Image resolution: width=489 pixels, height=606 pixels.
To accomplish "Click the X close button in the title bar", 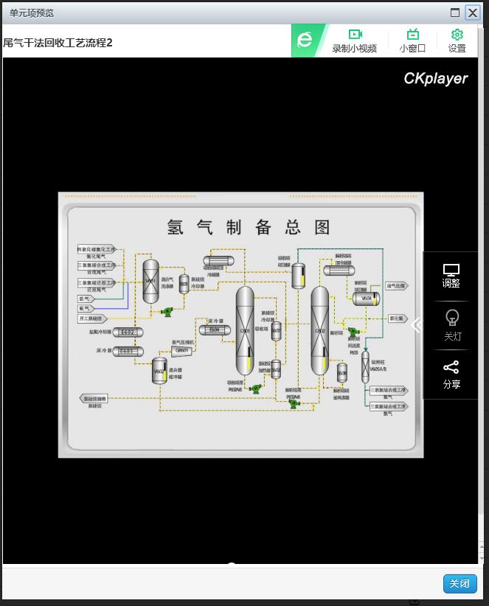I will coord(472,13).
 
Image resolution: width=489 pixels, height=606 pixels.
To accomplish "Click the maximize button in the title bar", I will coord(455,13).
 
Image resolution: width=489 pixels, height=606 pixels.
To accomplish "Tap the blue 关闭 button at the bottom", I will coord(459,584).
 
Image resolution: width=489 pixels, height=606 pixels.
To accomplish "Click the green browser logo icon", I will coord(305,41).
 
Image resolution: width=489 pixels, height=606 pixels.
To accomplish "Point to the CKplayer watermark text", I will coord(435,78).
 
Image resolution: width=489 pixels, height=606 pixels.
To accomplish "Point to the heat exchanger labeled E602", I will coord(128,332).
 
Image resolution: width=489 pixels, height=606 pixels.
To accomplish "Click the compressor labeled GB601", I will coord(182,351).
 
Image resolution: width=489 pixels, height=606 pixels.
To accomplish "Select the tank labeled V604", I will coord(366,299).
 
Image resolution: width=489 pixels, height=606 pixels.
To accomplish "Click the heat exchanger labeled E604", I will coord(214,330).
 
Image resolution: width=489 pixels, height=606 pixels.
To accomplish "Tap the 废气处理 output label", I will coord(396,286).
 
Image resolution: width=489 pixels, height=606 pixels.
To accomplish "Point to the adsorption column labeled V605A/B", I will coord(365,366).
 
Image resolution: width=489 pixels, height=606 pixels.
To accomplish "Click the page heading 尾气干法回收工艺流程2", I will coord(59,43).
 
